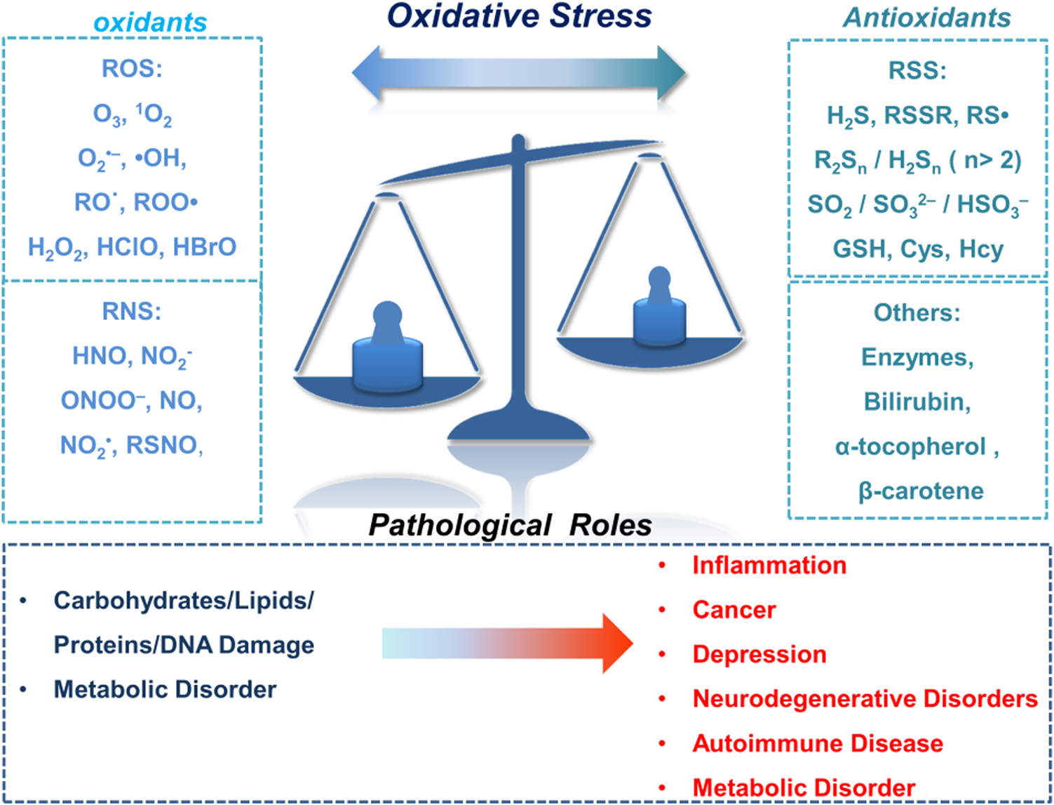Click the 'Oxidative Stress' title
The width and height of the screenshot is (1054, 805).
pyautogui.click(x=519, y=17)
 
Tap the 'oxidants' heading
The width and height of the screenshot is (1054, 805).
pyautogui.click(x=150, y=22)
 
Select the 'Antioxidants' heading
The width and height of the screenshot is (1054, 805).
pyautogui.click(x=927, y=18)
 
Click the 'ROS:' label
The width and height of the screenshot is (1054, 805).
pyautogui.click(x=132, y=68)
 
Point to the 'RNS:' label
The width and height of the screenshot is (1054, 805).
pyautogui.click(x=132, y=312)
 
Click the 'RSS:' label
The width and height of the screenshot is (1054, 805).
pyautogui.click(x=917, y=70)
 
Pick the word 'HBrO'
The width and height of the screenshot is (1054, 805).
pyautogui.click(x=205, y=246)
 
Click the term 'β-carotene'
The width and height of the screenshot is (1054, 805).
pyautogui.click(x=921, y=491)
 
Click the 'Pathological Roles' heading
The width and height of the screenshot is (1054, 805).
pyautogui.click(x=510, y=525)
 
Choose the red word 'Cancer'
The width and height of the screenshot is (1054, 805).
pyautogui.click(x=734, y=610)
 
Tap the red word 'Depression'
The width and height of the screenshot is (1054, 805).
pyautogui.click(x=759, y=655)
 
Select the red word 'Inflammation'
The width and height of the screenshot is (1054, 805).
pyautogui.click(x=769, y=565)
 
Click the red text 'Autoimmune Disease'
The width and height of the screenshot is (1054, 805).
pyautogui.click(x=818, y=743)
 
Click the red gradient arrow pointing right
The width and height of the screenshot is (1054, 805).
pyautogui.click(x=508, y=644)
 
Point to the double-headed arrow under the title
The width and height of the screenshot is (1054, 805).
pyautogui.click(x=519, y=73)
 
